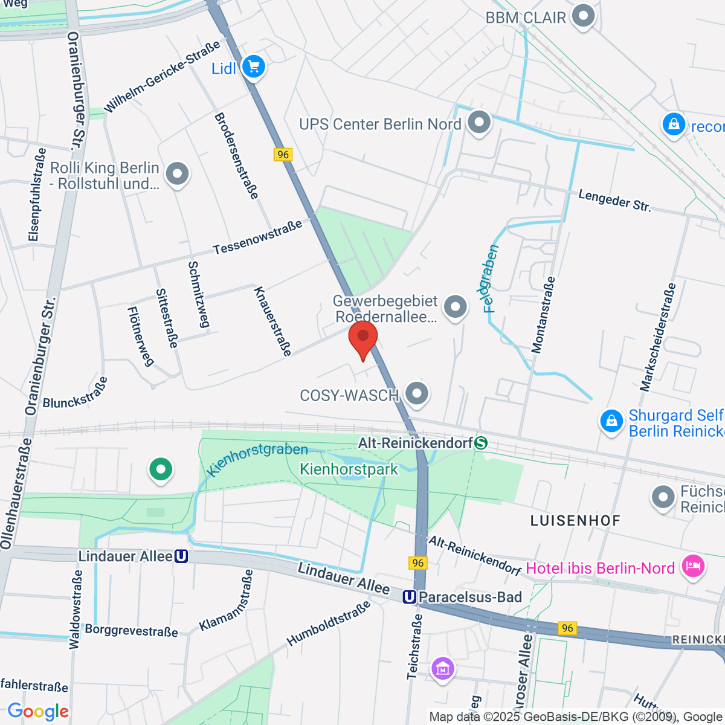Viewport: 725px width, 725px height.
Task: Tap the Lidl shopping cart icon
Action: tap(253, 67)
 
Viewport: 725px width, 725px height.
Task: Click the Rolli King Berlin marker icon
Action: tap(177, 174)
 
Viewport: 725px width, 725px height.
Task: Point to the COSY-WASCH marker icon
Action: tap(416, 394)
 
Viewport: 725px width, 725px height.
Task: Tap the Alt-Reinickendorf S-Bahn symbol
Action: tap(481, 443)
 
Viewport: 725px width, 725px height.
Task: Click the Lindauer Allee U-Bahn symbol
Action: tap(181, 556)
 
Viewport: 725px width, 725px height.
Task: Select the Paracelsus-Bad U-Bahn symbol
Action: tap(410, 597)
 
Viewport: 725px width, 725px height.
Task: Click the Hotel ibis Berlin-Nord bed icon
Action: tap(692, 567)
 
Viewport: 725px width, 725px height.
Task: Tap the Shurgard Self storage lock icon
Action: tap(611, 420)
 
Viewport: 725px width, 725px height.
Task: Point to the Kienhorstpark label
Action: tap(349, 469)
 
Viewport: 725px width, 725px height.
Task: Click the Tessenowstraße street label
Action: tap(258, 237)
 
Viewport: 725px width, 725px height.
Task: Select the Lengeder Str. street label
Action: tap(614, 201)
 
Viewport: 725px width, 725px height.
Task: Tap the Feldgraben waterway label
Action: tap(491, 279)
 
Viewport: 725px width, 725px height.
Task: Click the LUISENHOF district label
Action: tap(575, 520)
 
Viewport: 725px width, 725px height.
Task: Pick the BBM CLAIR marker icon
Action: tap(583, 17)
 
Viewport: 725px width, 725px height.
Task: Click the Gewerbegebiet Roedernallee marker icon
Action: tap(455, 308)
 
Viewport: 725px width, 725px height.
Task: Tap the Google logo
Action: tap(38, 711)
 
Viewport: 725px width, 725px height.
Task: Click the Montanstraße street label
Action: tap(543, 315)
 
